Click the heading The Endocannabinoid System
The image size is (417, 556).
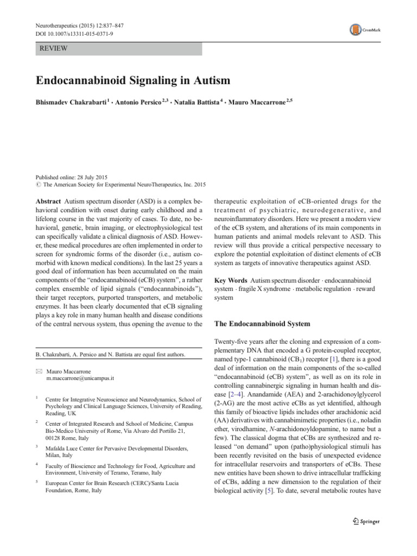pos(263,324)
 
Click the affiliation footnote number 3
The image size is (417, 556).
pos(36,446)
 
